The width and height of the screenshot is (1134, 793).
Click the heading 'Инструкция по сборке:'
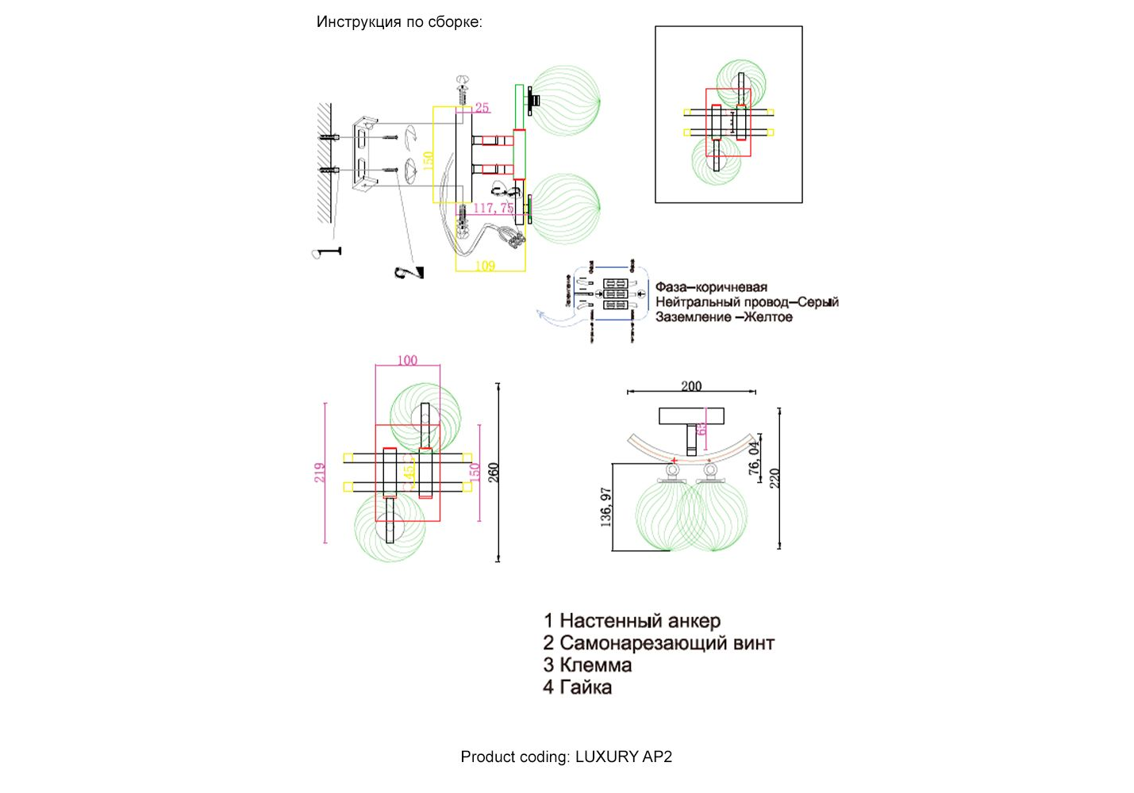click(x=399, y=22)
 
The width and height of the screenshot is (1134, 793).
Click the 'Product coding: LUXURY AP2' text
click(x=566, y=757)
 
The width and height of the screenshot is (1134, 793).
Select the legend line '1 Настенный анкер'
click(x=632, y=621)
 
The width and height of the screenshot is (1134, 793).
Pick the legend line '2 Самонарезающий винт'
click(x=658, y=643)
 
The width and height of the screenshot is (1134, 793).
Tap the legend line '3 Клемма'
click(x=587, y=665)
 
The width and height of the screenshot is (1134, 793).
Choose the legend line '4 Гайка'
click(x=577, y=688)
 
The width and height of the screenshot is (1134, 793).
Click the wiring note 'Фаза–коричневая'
click(x=711, y=287)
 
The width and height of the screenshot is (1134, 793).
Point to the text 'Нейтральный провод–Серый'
click(x=747, y=302)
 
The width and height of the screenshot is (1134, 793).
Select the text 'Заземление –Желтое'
click(x=724, y=317)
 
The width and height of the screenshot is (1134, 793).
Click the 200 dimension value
click(x=691, y=386)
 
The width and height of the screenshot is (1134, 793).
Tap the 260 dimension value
click(x=494, y=473)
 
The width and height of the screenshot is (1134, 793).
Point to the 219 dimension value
click(x=320, y=473)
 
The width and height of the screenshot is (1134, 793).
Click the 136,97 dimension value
click(x=606, y=508)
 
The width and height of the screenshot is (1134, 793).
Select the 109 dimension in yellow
click(x=485, y=266)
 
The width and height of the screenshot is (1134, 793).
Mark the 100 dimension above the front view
click(x=407, y=360)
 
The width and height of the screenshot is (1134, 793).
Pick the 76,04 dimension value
click(x=753, y=458)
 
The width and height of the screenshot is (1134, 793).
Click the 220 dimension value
click(x=775, y=478)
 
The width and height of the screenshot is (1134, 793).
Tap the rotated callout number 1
click(x=326, y=252)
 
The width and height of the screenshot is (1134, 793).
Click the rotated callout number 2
click(x=409, y=272)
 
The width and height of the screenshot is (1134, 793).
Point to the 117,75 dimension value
click(x=494, y=209)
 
